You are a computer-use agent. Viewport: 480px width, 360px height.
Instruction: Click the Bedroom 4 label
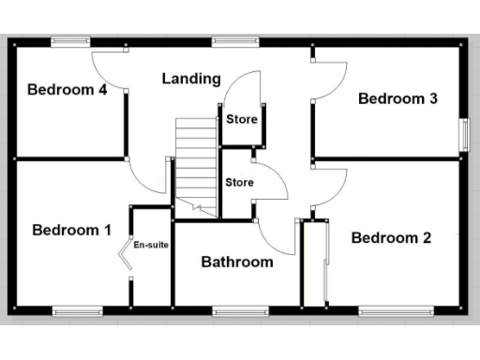pos(66,90)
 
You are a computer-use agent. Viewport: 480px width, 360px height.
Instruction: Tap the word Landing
pos(191,79)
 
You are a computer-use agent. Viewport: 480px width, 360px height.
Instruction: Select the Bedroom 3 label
pos(398,98)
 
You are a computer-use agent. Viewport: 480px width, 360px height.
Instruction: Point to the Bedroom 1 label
pos(72,230)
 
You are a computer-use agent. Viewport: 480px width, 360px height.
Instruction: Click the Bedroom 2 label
pos(391,237)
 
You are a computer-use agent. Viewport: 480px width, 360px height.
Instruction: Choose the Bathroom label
pos(237,262)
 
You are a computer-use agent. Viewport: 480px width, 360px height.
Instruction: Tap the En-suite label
pos(150,246)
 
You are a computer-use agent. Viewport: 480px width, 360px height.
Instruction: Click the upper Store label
pos(240,120)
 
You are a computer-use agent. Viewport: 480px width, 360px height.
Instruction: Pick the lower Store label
pos(239,182)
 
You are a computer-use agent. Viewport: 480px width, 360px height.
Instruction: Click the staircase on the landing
pos(195,164)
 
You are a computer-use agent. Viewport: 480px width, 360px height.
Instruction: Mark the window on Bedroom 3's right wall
pos(462,134)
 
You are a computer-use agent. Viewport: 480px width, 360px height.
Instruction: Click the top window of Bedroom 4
pos(70,40)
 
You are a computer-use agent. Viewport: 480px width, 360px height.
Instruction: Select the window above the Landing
pos(228,40)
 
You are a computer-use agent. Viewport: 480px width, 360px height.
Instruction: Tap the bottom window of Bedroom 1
pos(76,310)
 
